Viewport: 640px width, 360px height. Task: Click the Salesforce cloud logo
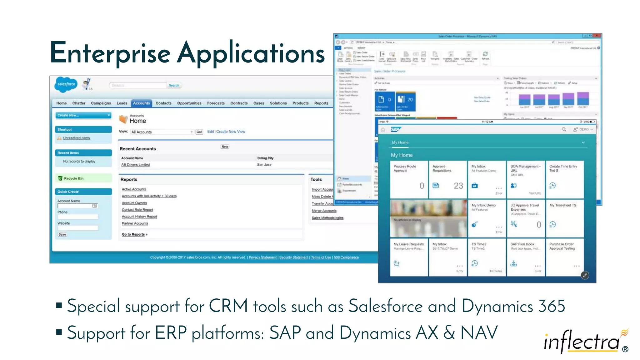click(x=66, y=84)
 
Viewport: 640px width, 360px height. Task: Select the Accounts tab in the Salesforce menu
click(x=141, y=103)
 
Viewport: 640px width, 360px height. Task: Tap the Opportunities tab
click(x=189, y=103)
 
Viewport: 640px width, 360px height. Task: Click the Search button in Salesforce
click(x=174, y=85)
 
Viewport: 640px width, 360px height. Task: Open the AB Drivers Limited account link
click(x=135, y=165)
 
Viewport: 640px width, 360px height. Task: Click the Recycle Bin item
click(x=73, y=178)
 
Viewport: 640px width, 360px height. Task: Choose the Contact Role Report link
click(x=137, y=210)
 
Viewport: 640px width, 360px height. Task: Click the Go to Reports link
click(x=133, y=234)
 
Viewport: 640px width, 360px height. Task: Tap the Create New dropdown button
click(x=83, y=115)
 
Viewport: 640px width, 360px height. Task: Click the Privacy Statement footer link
click(x=262, y=257)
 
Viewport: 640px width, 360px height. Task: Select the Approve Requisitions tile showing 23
click(x=447, y=179)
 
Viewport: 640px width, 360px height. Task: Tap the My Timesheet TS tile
click(x=564, y=218)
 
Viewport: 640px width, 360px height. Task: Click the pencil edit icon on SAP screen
click(x=585, y=275)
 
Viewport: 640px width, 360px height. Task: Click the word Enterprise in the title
click(x=110, y=53)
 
